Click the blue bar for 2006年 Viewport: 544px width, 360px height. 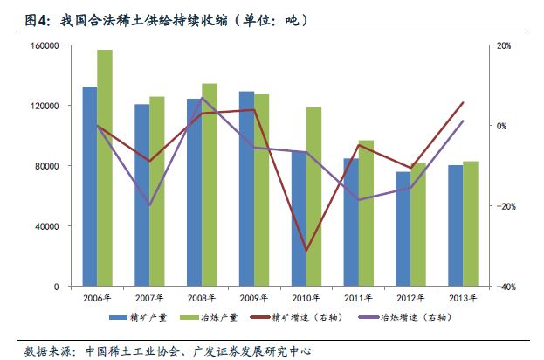pos(89,186)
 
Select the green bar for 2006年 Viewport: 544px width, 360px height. pos(105,168)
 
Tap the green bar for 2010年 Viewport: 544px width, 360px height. pos(313,197)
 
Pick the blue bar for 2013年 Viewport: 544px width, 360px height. pos(455,225)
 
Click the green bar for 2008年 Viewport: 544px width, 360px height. pos(210,184)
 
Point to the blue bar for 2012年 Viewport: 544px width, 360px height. pos(403,229)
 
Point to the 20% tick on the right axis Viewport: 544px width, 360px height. pos(504,45)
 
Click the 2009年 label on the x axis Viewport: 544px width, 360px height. pos(254,298)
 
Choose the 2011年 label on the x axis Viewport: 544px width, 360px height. pos(358,298)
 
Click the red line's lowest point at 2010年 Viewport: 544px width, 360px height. pos(306,251)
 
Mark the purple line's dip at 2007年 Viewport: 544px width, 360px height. pos(149,205)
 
